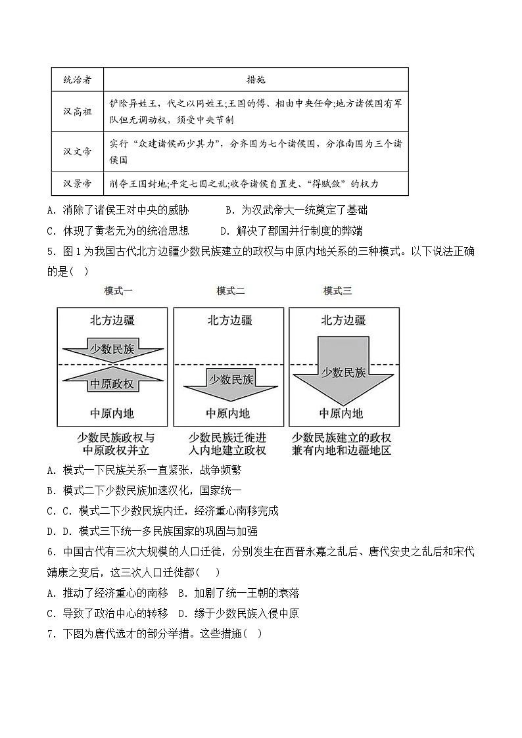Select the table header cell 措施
pyautogui.click(x=256, y=80)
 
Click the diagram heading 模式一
pyautogui.click(x=118, y=291)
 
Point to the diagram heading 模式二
pyautogui.click(x=230, y=291)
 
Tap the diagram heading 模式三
pyautogui.click(x=337, y=291)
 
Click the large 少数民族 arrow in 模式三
pyautogui.click(x=343, y=373)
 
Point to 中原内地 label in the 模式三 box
pyautogui.click(x=341, y=413)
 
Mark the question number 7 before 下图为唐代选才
pyautogui.click(x=51, y=634)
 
